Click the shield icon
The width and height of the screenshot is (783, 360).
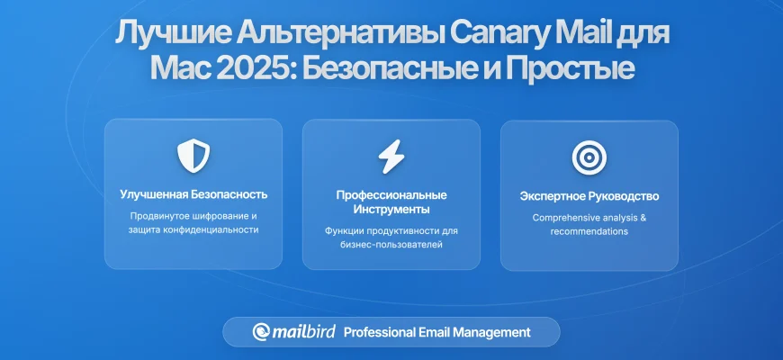193,157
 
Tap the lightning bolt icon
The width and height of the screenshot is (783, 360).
391,157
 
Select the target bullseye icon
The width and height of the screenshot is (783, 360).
589,157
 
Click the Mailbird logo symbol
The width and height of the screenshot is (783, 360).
261,332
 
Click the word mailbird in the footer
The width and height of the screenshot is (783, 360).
303,331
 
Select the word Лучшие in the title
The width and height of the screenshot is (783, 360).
172,34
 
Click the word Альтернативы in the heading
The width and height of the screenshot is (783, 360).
339,33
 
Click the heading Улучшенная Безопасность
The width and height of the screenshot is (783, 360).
193,194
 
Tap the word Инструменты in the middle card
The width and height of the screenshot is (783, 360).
391,209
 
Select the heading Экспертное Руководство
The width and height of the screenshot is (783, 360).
589,195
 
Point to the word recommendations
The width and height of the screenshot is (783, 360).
589,231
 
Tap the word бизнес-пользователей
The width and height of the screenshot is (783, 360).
391,245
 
